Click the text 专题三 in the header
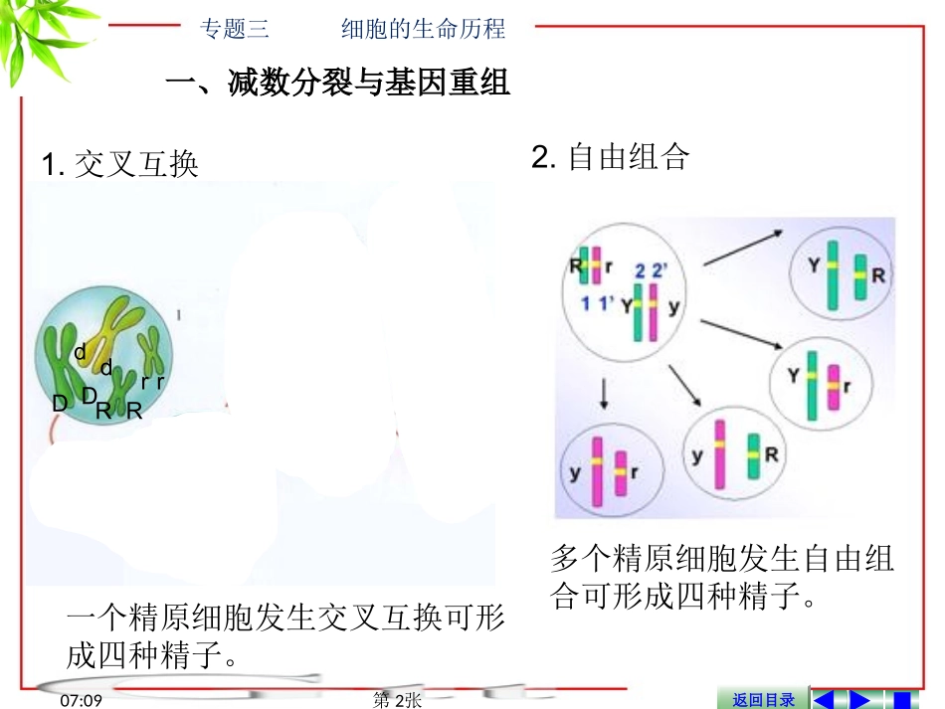(x=236, y=29)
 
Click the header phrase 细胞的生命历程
(x=423, y=29)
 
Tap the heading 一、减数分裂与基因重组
(x=337, y=85)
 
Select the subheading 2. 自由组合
(x=610, y=157)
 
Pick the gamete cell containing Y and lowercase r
(x=822, y=381)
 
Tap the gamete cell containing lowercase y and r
(x=604, y=470)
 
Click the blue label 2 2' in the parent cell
(x=653, y=269)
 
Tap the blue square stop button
(x=902, y=699)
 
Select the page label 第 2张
(x=397, y=700)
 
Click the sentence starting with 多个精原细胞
(x=721, y=576)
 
